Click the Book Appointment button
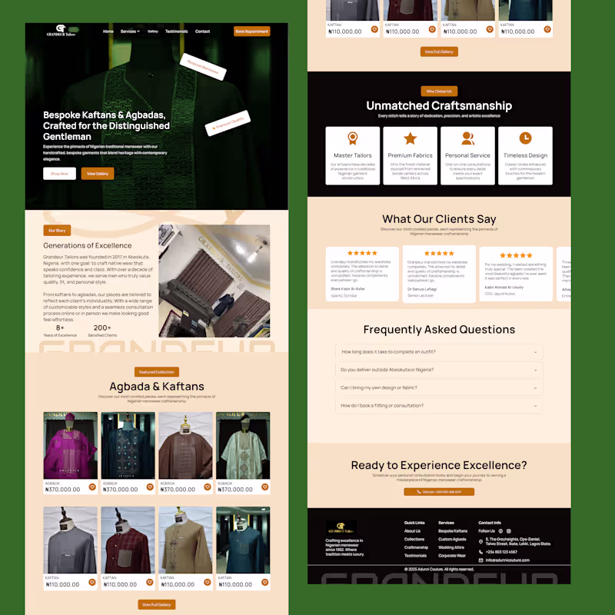[251, 32]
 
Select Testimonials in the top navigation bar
[176, 32]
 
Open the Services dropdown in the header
[130, 32]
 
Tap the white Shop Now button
[59, 174]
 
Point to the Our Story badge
[57, 230]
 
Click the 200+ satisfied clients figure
[102, 328]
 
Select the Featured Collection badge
[157, 372]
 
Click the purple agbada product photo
[70, 446]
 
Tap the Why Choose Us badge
[439, 91]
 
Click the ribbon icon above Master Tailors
[353, 138]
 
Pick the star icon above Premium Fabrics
[411, 138]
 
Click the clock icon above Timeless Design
[526, 138]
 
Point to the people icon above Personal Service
[467, 138]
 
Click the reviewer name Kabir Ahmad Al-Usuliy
[504, 287]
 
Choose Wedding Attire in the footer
[452, 547]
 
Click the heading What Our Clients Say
[439, 219]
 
